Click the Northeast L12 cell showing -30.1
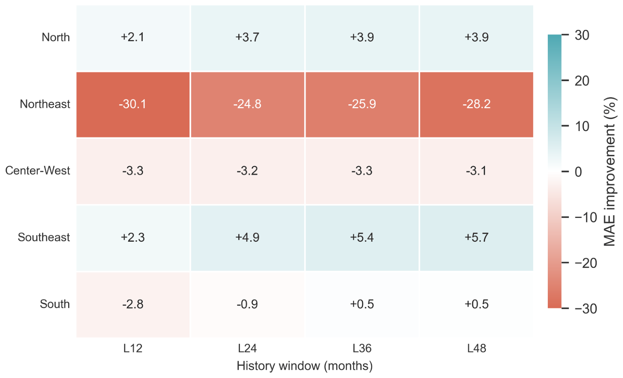133,104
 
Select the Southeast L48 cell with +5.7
476,238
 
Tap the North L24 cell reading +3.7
247,38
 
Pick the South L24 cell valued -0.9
247,305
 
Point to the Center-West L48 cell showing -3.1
476,171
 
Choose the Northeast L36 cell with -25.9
362,104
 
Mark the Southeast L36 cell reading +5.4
362,238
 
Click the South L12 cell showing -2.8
133,305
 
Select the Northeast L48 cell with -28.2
476,104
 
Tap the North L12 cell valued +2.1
133,38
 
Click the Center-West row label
38,171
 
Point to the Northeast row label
45,104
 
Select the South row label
55,304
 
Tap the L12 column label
133,348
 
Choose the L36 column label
362,348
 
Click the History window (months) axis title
305,366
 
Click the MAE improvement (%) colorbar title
610,171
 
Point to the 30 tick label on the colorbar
582,35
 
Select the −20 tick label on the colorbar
586,263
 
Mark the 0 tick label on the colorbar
578,172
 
